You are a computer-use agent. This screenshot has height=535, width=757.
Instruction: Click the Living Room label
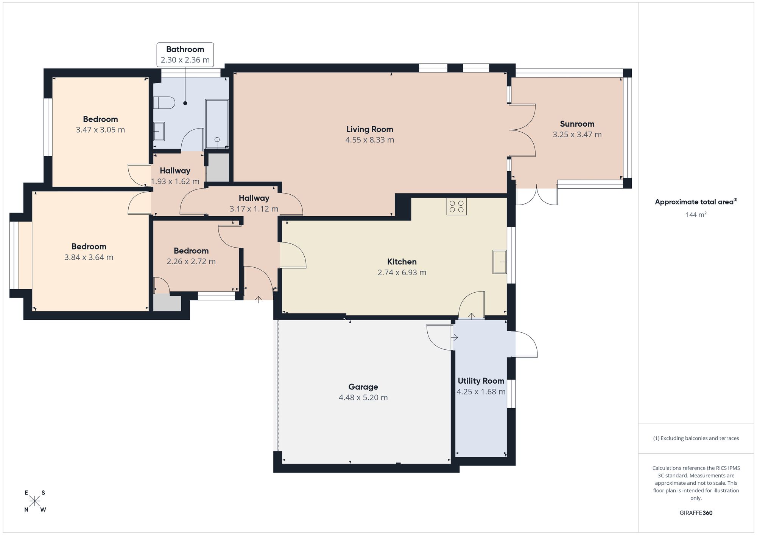point(370,129)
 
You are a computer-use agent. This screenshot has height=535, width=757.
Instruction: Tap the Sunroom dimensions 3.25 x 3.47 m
point(577,135)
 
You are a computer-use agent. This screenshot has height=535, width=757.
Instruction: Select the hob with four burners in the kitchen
point(456,206)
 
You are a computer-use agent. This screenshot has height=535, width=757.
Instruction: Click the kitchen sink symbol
point(500,262)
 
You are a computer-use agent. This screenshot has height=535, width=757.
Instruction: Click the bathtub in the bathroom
point(217,124)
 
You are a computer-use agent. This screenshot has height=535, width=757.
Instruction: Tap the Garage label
point(363,387)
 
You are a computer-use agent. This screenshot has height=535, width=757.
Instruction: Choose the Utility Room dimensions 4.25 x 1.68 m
point(481,392)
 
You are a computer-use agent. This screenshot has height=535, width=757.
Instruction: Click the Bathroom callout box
point(185,55)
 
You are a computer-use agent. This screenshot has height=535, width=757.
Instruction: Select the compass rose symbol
point(35,501)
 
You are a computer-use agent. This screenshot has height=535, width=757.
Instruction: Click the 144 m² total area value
point(696,215)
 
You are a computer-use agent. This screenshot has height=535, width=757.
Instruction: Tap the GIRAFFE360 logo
point(696,513)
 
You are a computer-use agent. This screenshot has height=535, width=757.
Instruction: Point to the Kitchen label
point(402,262)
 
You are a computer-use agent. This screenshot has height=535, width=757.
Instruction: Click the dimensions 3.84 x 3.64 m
point(89,257)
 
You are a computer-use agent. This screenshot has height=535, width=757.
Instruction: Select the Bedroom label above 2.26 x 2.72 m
point(191,251)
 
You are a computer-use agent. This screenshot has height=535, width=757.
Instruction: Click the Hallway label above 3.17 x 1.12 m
point(254,198)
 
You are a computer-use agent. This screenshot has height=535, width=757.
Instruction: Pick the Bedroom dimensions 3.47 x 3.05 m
point(100,130)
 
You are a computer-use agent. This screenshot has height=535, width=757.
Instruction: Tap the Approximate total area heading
point(696,202)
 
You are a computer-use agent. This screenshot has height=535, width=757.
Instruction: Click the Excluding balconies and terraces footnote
point(696,438)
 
